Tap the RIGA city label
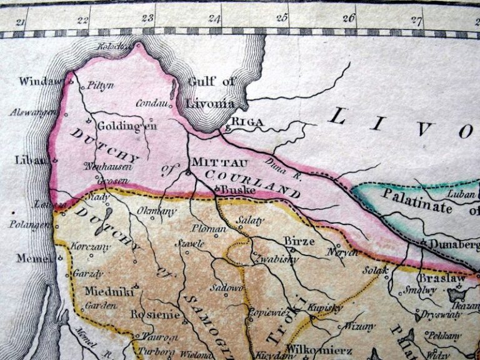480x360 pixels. (248, 122)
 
